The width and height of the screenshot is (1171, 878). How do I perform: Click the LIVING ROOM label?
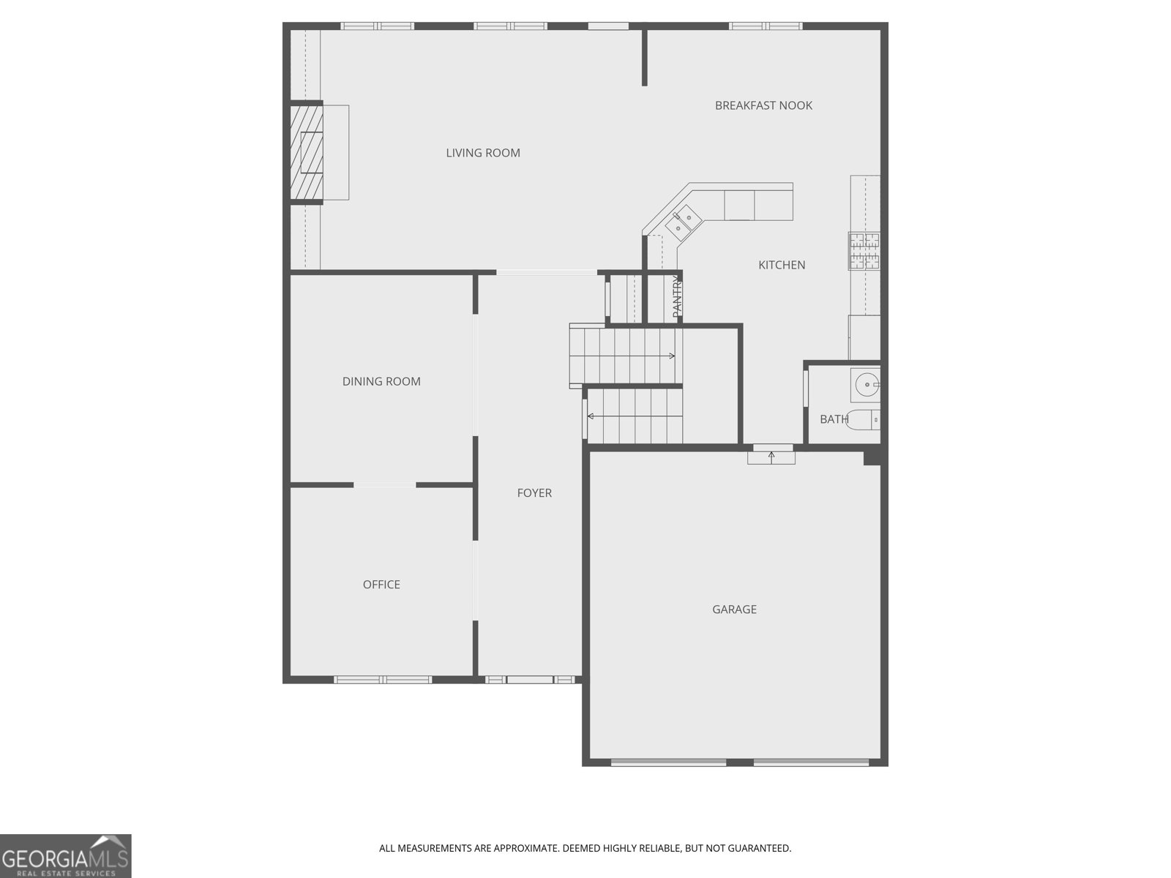point(483,153)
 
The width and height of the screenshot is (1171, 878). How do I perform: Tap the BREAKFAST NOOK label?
point(763,105)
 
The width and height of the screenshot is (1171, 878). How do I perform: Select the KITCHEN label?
point(782,265)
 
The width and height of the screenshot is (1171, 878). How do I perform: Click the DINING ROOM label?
point(381,381)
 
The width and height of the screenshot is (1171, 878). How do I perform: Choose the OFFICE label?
point(381,585)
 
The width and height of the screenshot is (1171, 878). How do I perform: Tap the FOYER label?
point(534,493)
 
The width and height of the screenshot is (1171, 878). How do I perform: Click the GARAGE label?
point(734,609)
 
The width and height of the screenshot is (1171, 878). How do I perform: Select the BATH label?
point(834,419)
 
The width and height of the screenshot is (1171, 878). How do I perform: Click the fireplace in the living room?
point(307,152)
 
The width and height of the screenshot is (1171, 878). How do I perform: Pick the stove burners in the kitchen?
point(864,251)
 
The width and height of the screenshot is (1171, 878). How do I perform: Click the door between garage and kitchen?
point(771,454)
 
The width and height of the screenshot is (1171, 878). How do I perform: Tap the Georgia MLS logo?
point(65,856)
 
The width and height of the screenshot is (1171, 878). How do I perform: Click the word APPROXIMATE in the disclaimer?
point(525,849)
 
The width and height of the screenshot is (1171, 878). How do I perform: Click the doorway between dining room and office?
point(385,484)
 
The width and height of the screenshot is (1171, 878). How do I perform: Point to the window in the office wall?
point(384,680)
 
